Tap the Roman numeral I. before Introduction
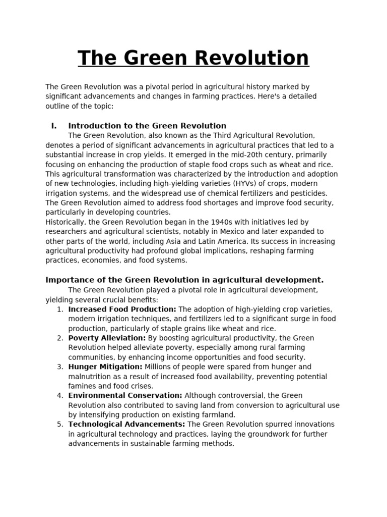point(54,126)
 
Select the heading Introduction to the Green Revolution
point(147,126)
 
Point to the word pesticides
point(306,193)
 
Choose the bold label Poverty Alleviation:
point(107,338)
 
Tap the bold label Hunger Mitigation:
point(105,367)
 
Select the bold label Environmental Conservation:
point(125,395)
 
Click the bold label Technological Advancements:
point(126,424)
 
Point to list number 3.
point(59,367)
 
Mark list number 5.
point(59,424)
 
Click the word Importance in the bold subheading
point(68,280)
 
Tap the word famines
point(82,386)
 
